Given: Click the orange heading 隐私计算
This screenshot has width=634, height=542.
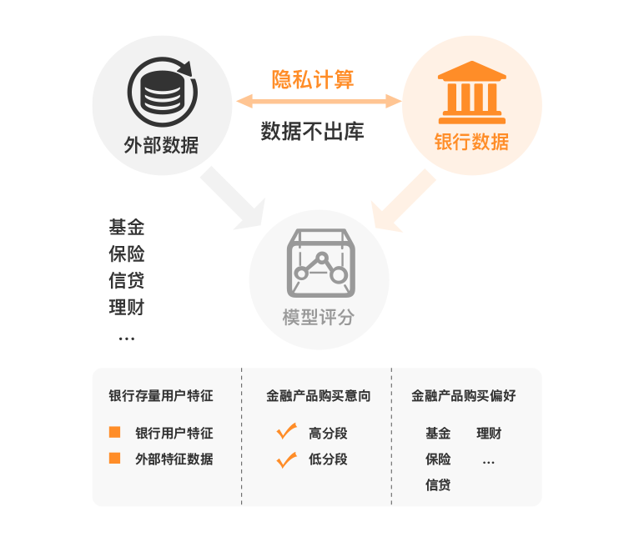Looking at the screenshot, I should coord(313,79).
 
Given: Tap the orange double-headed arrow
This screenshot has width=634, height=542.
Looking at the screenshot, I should coord(319,102).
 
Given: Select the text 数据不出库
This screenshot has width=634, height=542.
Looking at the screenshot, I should coord(312,132).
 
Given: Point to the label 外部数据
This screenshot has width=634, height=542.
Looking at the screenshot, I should coord(161,144).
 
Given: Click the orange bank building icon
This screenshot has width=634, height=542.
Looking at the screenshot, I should coord(471,89).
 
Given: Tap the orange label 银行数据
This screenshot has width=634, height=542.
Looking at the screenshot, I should coord(471,142).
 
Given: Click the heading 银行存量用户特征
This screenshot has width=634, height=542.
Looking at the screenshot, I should coord(161,396).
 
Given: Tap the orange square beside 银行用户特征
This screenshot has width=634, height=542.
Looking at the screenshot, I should coord(115,433).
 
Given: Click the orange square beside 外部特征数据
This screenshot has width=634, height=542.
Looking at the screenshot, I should coord(115,459).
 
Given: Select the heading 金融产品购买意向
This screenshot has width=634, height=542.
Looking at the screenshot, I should coord(318,396).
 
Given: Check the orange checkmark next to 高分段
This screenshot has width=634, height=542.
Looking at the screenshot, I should coord(287,432).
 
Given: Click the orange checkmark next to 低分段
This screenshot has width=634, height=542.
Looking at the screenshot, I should coord(287,459).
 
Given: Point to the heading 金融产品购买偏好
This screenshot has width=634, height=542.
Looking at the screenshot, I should coord(464,396).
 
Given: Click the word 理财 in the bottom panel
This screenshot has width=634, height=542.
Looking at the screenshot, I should coord(489,434).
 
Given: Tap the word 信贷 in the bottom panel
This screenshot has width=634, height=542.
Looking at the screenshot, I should coord(438,484).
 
